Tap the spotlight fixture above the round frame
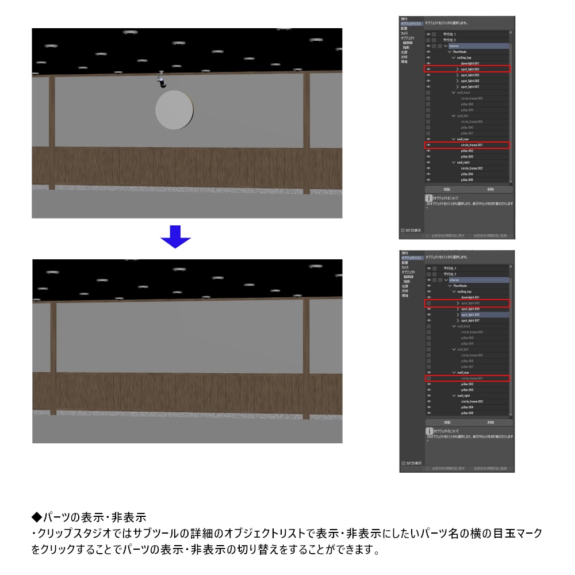162,80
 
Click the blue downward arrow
175,236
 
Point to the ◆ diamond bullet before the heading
37,516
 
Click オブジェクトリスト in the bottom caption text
255,533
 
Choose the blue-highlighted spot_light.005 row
470,315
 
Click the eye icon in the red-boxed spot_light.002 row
428,69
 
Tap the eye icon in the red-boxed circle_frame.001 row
428,145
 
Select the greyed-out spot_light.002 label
470,303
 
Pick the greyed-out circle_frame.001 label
471,378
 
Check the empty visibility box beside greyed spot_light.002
428,303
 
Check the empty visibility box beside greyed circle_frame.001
428,378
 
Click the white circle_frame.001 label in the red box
471,145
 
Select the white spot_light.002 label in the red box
470,69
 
